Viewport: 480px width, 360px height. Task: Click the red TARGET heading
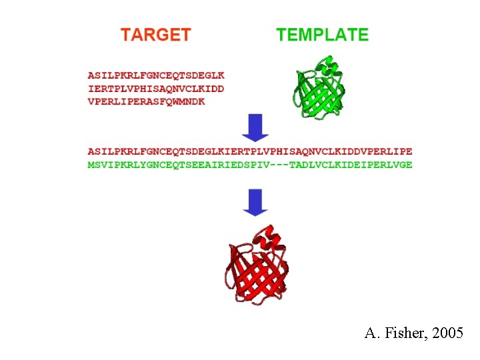pos(155,35)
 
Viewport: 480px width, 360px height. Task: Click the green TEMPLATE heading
pos(322,35)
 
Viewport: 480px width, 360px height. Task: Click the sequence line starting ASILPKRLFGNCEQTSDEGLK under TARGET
pos(156,76)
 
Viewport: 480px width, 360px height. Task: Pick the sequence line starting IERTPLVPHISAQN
pos(156,89)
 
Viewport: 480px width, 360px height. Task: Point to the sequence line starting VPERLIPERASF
pos(147,101)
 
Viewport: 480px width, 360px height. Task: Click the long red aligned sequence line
pos(250,152)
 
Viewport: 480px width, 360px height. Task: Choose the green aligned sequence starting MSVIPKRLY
pos(250,165)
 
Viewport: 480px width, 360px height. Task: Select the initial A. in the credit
pos(371,333)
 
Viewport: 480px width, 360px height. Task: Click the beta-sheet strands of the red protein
pos(257,280)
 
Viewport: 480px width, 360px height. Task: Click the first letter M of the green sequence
pos(91,165)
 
